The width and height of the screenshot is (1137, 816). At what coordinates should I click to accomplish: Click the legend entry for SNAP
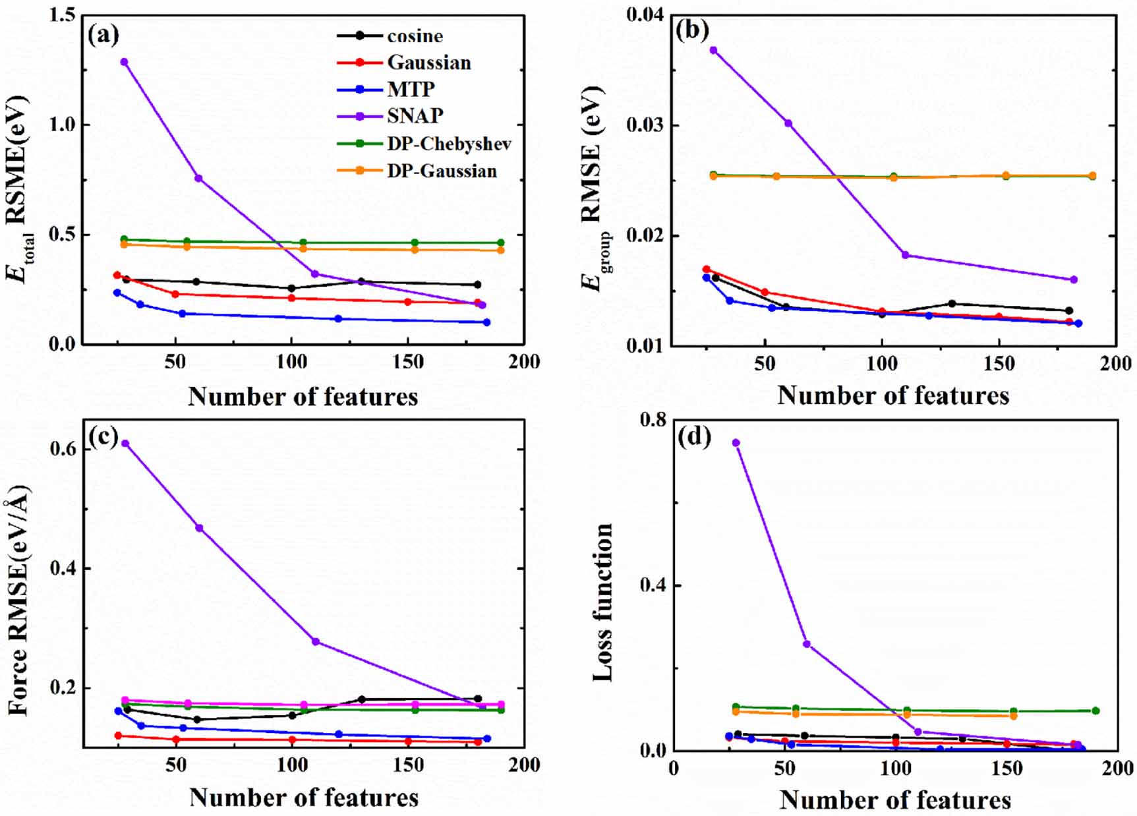[x=415, y=116]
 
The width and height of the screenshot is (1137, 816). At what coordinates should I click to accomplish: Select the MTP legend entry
[x=411, y=89]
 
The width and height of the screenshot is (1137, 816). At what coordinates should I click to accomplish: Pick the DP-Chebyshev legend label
[x=449, y=144]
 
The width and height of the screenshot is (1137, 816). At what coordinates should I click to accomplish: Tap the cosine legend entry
[x=415, y=36]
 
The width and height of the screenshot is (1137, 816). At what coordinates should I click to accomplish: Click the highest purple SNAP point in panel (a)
[x=124, y=62]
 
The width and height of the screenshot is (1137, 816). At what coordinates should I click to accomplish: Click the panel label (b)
[x=692, y=32]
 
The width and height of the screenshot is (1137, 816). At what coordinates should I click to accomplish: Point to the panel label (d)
[x=694, y=437]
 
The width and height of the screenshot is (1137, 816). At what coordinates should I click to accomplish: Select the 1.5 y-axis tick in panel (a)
[x=62, y=15]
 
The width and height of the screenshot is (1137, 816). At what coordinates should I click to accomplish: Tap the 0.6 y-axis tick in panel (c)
[x=62, y=449]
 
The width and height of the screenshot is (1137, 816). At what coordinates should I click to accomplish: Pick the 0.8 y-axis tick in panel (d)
[x=653, y=420]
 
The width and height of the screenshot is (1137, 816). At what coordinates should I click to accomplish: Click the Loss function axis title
[x=602, y=601]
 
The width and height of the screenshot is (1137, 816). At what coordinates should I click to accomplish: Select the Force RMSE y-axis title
[x=20, y=600]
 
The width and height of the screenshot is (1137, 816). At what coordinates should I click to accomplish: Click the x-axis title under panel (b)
[x=893, y=395]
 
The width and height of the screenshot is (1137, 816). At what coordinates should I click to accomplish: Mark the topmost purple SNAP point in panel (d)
[x=736, y=443]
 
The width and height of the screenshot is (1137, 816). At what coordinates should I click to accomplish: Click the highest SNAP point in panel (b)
[x=713, y=50]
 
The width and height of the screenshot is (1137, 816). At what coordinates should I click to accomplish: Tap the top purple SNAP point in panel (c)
[x=125, y=444]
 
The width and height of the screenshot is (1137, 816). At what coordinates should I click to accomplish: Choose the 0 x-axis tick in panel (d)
[x=673, y=769]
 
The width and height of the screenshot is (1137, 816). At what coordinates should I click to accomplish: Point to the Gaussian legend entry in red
[x=428, y=63]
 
